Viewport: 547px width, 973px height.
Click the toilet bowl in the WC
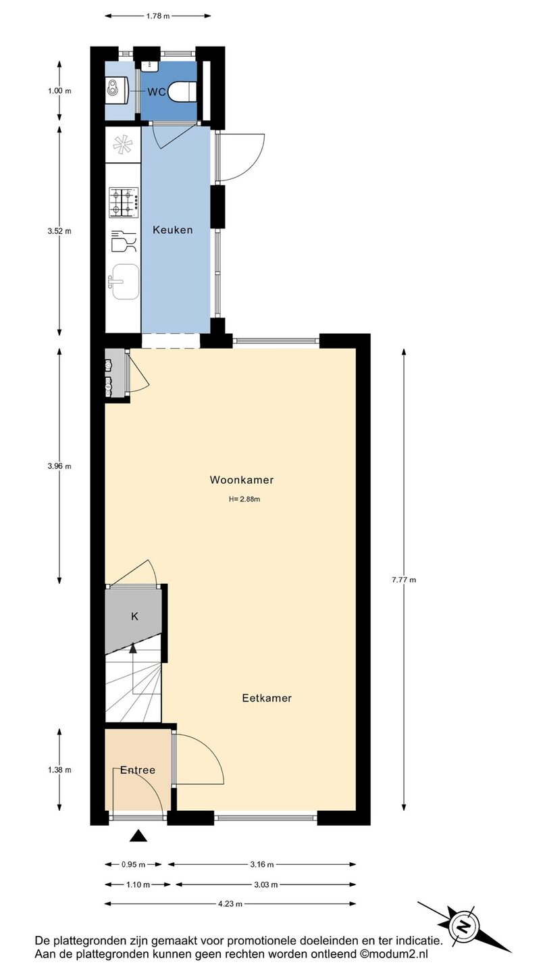click(x=182, y=92)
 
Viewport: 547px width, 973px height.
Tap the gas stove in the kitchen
click(x=124, y=203)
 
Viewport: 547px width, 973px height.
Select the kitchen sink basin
click(x=126, y=282)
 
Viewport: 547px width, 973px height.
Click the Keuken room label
click(x=172, y=230)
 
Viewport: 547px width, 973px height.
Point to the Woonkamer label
click(x=241, y=480)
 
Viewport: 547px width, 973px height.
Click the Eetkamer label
click(x=267, y=698)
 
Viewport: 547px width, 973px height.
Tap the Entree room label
click(x=138, y=770)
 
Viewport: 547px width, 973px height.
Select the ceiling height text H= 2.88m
click(x=244, y=499)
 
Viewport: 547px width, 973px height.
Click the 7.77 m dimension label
click(x=404, y=580)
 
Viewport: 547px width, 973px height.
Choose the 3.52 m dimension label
click(x=59, y=231)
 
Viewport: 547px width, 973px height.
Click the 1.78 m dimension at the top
click(x=157, y=16)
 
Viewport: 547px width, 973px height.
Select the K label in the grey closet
click(x=134, y=616)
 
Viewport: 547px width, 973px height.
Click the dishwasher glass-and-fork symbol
click(x=124, y=241)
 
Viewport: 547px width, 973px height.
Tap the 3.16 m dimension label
click(x=262, y=864)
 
